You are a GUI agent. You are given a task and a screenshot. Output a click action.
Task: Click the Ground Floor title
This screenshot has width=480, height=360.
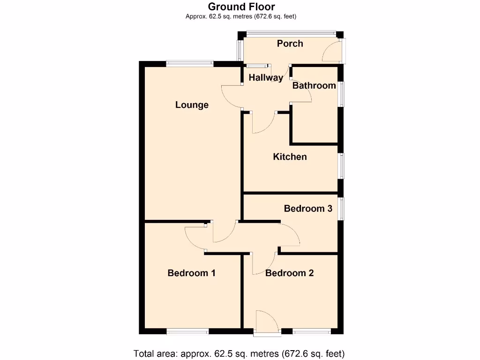(x=241, y=7)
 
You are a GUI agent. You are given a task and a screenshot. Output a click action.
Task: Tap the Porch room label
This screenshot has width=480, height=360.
(x=290, y=44)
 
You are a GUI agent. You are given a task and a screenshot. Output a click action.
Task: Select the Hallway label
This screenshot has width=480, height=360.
(x=266, y=78)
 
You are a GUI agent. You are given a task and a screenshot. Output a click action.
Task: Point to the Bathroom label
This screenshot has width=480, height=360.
(x=314, y=86)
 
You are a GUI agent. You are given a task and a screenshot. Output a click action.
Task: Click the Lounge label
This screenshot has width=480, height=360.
(x=192, y=105)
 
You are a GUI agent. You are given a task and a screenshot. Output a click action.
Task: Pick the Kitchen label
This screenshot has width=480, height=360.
(x=290, y=157)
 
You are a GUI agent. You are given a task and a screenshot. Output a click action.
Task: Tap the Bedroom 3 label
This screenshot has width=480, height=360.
(x=308, y=209)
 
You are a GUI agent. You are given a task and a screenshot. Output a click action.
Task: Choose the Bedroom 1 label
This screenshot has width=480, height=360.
(x=191, y=273)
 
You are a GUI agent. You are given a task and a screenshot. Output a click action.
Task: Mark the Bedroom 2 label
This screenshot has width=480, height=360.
(x=289, y=273)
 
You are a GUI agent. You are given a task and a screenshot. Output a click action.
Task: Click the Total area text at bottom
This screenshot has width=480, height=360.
(x=239, y=353)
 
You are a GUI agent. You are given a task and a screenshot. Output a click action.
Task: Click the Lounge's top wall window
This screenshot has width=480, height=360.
(x=189, y=63)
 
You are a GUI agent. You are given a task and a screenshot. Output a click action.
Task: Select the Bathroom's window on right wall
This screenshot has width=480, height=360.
(x=342, y=94)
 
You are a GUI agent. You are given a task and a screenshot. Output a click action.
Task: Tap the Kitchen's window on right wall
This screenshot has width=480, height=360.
(x=342, y=166)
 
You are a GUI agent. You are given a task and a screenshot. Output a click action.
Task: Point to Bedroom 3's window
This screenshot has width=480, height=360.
(x=342, y=209)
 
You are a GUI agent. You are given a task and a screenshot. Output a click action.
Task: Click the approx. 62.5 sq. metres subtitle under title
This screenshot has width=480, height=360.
(x=241, y=16)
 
